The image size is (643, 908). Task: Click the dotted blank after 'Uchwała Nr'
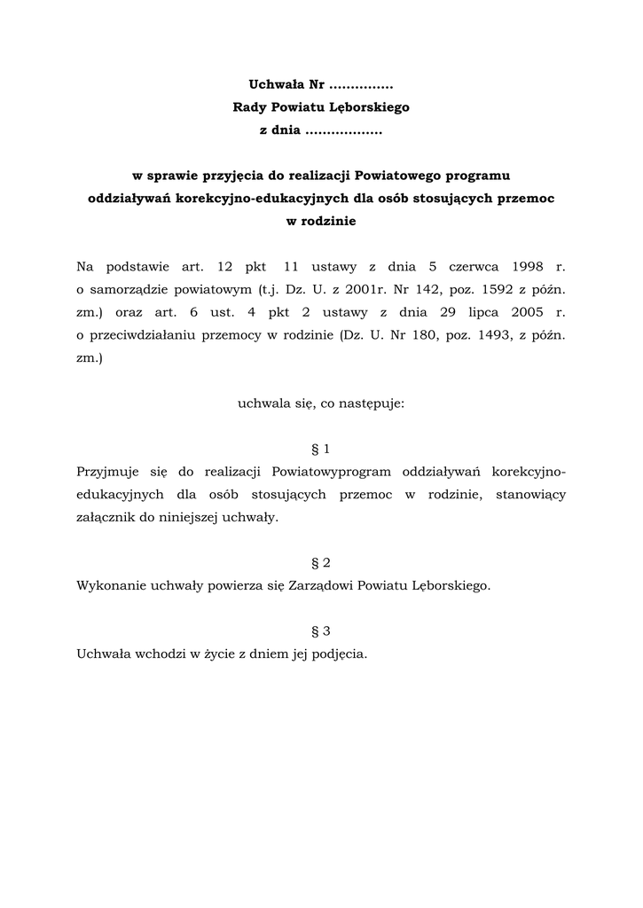pos(360,86)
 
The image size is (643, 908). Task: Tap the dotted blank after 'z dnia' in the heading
pos(341,130)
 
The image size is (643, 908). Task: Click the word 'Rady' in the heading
pos(248,108)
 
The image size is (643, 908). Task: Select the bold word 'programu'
pos(478,176)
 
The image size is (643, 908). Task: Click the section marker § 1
pos(321,450)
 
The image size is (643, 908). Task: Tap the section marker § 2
pos(321,563)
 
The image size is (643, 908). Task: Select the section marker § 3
pos(321,631)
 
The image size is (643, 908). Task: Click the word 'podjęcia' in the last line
pos(338,654)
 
